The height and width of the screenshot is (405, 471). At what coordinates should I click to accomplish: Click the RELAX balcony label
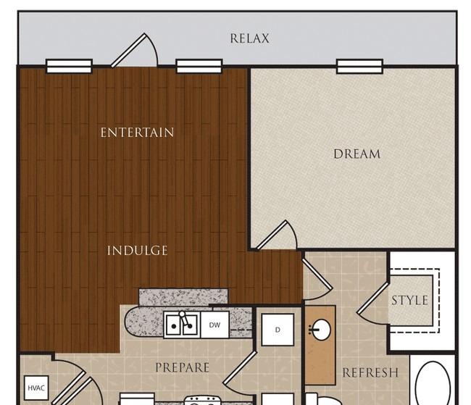click(249, 38)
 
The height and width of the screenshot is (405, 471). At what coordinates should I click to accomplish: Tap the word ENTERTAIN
click(137, 133)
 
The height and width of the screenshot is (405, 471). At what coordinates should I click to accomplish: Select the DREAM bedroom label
click(357, 154)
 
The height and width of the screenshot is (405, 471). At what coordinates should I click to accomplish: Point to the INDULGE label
click(137, 250)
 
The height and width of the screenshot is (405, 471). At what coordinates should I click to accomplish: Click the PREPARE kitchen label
click(183, 367)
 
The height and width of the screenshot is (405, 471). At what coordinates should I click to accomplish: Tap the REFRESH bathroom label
click(370, 372)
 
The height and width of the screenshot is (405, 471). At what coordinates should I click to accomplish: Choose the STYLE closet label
click(409, 301)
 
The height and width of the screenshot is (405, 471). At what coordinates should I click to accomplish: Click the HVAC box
click(36, 388)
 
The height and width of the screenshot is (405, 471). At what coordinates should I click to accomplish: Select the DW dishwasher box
click(214, 325)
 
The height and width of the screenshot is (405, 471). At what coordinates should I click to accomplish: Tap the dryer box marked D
click(278, 330)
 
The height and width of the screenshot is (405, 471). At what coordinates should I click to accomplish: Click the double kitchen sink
click(182, 325)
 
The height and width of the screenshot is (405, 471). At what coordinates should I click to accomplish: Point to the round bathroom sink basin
click(321, 330)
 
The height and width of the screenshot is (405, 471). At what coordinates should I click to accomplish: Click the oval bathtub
click(433, 384)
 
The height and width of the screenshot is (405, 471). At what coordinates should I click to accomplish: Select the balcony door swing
click(135, 50)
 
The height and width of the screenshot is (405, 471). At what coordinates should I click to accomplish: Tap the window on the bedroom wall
click(359, 67)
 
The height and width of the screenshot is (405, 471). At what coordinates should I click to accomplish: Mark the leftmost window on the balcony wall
click(69, 66)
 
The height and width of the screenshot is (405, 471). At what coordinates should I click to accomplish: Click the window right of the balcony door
click(199, 66)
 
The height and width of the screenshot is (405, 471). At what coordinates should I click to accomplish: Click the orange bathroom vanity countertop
click(320, 345)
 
